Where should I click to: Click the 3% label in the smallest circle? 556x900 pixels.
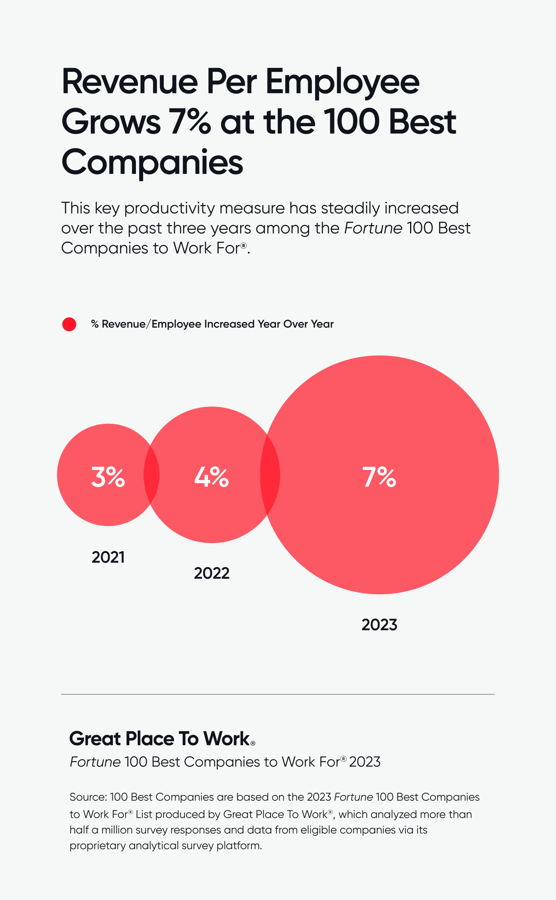[108, 477]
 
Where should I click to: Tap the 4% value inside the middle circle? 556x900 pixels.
[212, 477]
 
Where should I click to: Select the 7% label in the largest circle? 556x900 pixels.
[379, 477]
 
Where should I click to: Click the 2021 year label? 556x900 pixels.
[108, 557]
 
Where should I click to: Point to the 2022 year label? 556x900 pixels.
[212, 573]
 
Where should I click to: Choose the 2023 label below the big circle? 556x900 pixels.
[379, 625]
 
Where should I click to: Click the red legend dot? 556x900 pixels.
[69, 324]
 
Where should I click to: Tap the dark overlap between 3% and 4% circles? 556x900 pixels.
[151, 475]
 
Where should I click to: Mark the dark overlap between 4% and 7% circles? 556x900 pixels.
[270, 475]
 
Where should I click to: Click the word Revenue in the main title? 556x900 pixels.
[130, 82]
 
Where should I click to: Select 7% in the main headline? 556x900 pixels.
[190, 122]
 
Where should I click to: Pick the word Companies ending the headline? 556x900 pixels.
[152, 162]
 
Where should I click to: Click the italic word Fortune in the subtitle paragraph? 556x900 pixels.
[373, 228]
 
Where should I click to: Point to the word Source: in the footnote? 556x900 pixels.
[88, 797]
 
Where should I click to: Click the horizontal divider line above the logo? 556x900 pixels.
[278, 694]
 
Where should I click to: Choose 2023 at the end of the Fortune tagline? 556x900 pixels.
[364, 762]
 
